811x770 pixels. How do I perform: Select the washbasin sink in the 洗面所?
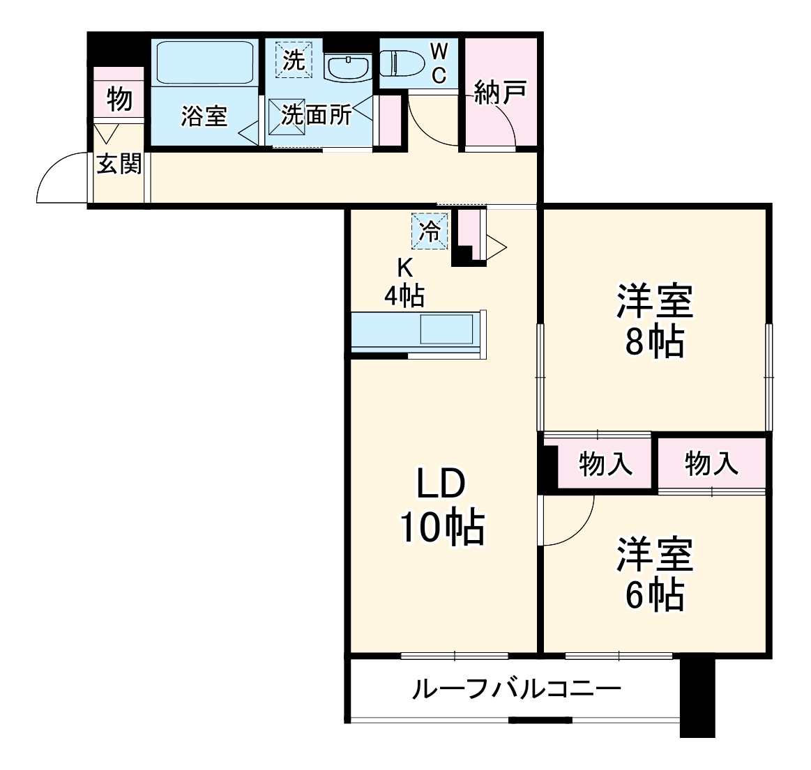(x=347, y=67)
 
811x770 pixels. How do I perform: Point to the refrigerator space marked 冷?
(x=432, y=231)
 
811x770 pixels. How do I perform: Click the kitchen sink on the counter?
(x=446, y=329)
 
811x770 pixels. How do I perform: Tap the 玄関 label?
(x=119, y=164)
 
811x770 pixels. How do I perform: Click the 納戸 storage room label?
(x=499, y=92)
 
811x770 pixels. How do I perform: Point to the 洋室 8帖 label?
(x=654, y=321)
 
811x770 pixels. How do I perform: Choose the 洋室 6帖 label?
(x=654, y=573)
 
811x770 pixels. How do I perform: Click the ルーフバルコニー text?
(x=516, y=690)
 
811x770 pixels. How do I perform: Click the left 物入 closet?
(x=605, y=463)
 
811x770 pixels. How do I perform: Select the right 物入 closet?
(x=711, y=463)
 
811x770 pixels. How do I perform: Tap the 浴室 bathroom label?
(x=204, y=116)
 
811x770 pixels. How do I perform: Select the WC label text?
(x=439, y=63)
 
